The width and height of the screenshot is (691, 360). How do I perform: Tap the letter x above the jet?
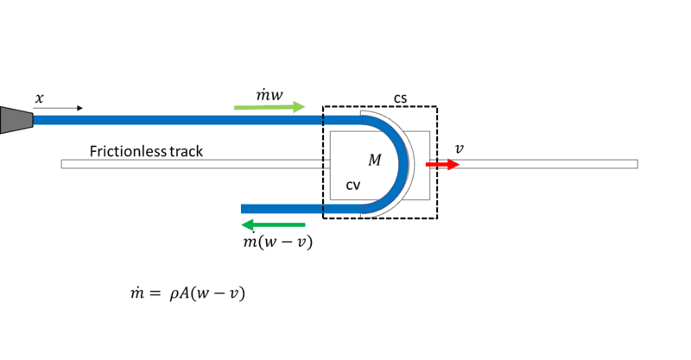(39, 98)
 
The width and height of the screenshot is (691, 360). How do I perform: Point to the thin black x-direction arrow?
(60, 109)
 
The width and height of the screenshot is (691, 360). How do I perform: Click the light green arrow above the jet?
(269, 107)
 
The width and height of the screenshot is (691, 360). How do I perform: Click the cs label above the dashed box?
(401, 98)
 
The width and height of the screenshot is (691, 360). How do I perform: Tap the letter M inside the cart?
(374, 160)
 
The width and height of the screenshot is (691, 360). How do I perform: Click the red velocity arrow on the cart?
(442, 164)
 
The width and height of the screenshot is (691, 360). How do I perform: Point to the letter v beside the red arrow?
(459, 148)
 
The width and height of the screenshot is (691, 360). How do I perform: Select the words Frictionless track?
(146, 152)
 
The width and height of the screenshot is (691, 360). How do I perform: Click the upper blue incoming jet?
(190, 120)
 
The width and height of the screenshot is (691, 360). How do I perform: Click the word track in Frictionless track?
(185, 152)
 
